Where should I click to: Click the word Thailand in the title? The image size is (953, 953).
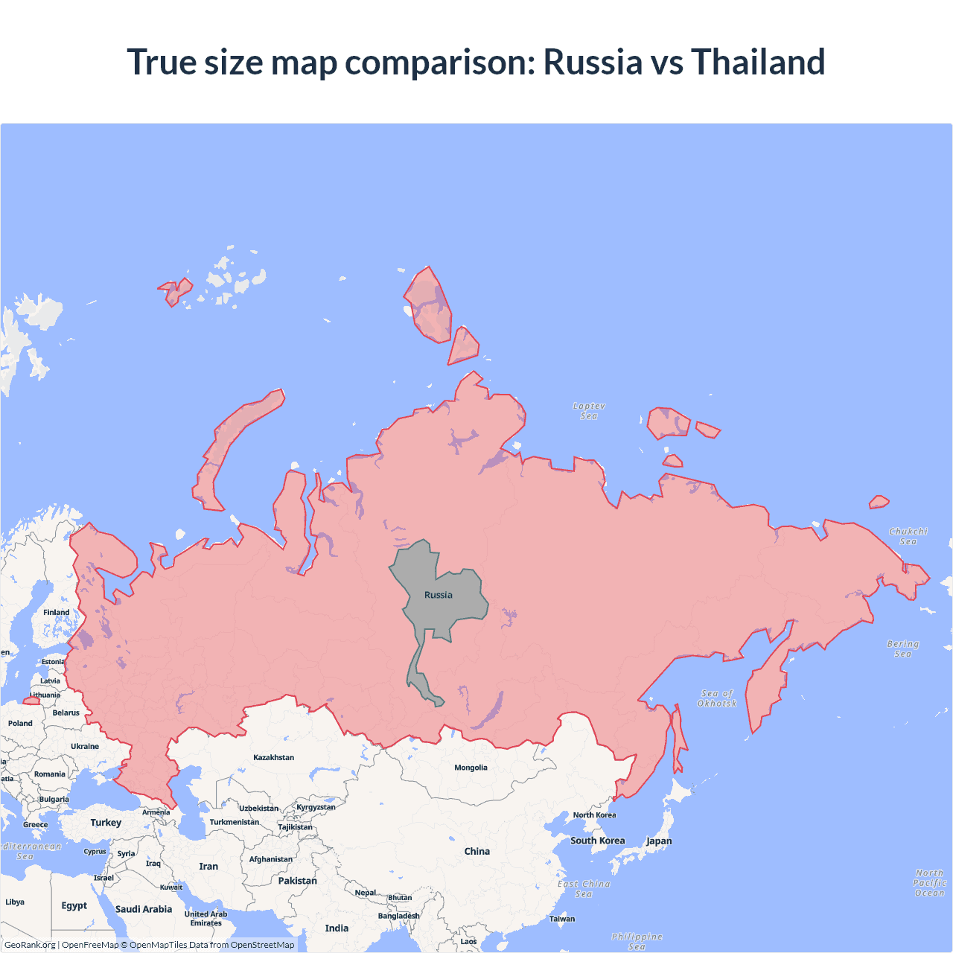click(x=758, y=62)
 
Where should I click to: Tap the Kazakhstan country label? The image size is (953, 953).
click(x=273, y=757)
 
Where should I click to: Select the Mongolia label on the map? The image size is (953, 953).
click(x=471, y=768)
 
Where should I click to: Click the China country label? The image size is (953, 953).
click(x=476, y=851)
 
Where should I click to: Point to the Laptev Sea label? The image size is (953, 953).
click(x=589, y=411)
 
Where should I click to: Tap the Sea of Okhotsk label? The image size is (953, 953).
click(x=717, y=698)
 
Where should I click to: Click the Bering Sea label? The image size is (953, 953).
click(x=903, y=648)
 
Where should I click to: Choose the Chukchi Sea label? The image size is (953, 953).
click(x=908, y=536)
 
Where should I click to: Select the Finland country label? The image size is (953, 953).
click(x=56, y=612)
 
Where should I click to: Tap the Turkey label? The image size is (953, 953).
click(x=106, y=823)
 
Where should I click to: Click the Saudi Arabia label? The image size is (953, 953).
click(x=144, y=909)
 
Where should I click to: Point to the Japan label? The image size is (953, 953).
click(x=659, y=841)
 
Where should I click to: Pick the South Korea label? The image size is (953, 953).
click(x=598, y=841)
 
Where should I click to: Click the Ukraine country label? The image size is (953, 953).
click(x=85, y=746)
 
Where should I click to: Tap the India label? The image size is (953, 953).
click(x=337, y=928)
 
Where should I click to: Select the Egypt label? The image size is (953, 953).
click(x=74, y=905)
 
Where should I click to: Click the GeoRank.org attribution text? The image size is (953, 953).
click(x=30, y=945)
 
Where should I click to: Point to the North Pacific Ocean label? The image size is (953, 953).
click(x=929, y=882)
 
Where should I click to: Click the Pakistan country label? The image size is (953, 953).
click(x=297, y=881)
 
